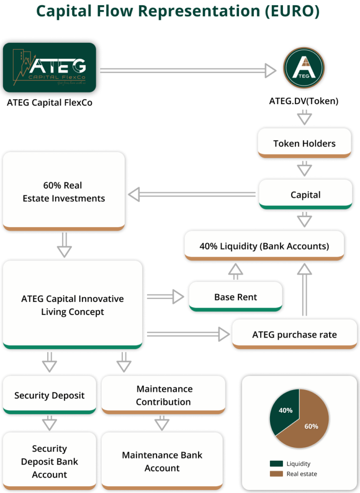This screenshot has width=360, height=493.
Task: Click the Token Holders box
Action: tap(304, 143)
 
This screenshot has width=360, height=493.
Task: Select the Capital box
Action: tap(305, 195)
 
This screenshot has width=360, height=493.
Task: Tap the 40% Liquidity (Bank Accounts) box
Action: tap(264, 246)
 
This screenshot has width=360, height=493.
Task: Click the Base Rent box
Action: tap(235, 297)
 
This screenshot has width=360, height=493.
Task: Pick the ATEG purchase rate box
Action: tap(294, 334)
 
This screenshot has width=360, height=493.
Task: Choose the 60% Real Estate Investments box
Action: tap(64, 191)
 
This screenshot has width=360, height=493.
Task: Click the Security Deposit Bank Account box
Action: tap(49, 461)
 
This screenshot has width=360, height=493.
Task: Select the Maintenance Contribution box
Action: tap(163, 395)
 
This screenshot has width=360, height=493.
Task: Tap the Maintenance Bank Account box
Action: tap(162, 461)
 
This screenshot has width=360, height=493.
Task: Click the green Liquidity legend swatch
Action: tap(276, 464)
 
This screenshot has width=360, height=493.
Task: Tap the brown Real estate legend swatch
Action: tap(276, 474)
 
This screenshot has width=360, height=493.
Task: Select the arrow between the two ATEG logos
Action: tap(188, 71)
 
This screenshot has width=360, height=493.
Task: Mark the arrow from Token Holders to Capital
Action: tap(305, 168)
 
